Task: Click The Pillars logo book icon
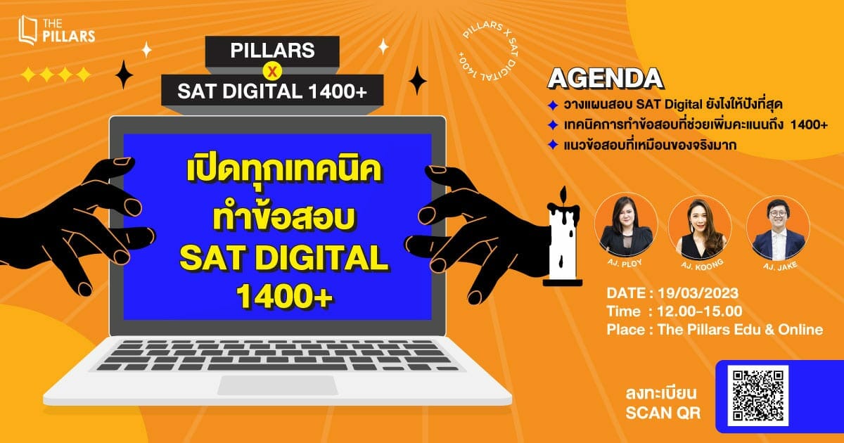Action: tap(28, 30)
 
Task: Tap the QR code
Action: tap(757, 395)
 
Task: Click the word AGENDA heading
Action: tap(606, 79)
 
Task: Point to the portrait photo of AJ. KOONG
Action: tap(701, 228)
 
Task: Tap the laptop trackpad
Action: tap(277, 385)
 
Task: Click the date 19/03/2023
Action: tap(698, 293)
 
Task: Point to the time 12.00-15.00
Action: tap(699, 311)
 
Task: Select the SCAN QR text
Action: tap(663, 413)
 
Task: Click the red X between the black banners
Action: tap(272, 71)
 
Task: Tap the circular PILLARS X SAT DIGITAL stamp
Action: tap(488, 51)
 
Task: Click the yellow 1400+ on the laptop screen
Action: tap(284, 297)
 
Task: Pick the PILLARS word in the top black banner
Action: tap(272, 51)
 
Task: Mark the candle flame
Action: tap(563, 195)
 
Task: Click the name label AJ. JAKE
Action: tap(780, 267)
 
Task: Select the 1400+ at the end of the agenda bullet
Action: tap(809, 124)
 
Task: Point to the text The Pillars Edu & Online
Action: tap(740, 330)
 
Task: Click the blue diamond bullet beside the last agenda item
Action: tap(553, 145)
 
